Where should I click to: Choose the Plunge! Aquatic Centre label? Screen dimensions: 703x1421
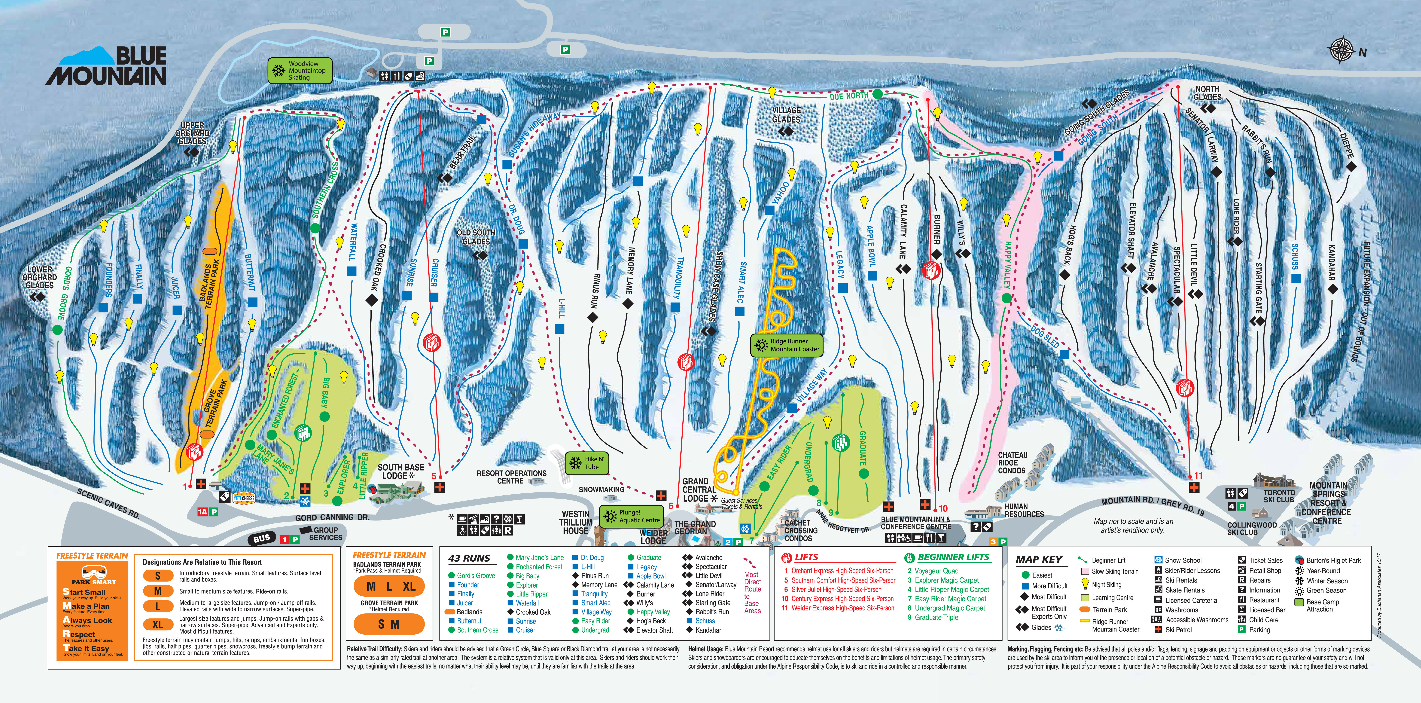tap(632, 516)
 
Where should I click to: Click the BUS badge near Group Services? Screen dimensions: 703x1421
tap(261, 538)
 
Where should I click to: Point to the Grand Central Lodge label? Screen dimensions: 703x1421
tap(698, 489)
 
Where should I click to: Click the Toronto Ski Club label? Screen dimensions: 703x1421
tap(1279, 496)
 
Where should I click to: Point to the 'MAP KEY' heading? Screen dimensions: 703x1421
tap(1039, 560)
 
